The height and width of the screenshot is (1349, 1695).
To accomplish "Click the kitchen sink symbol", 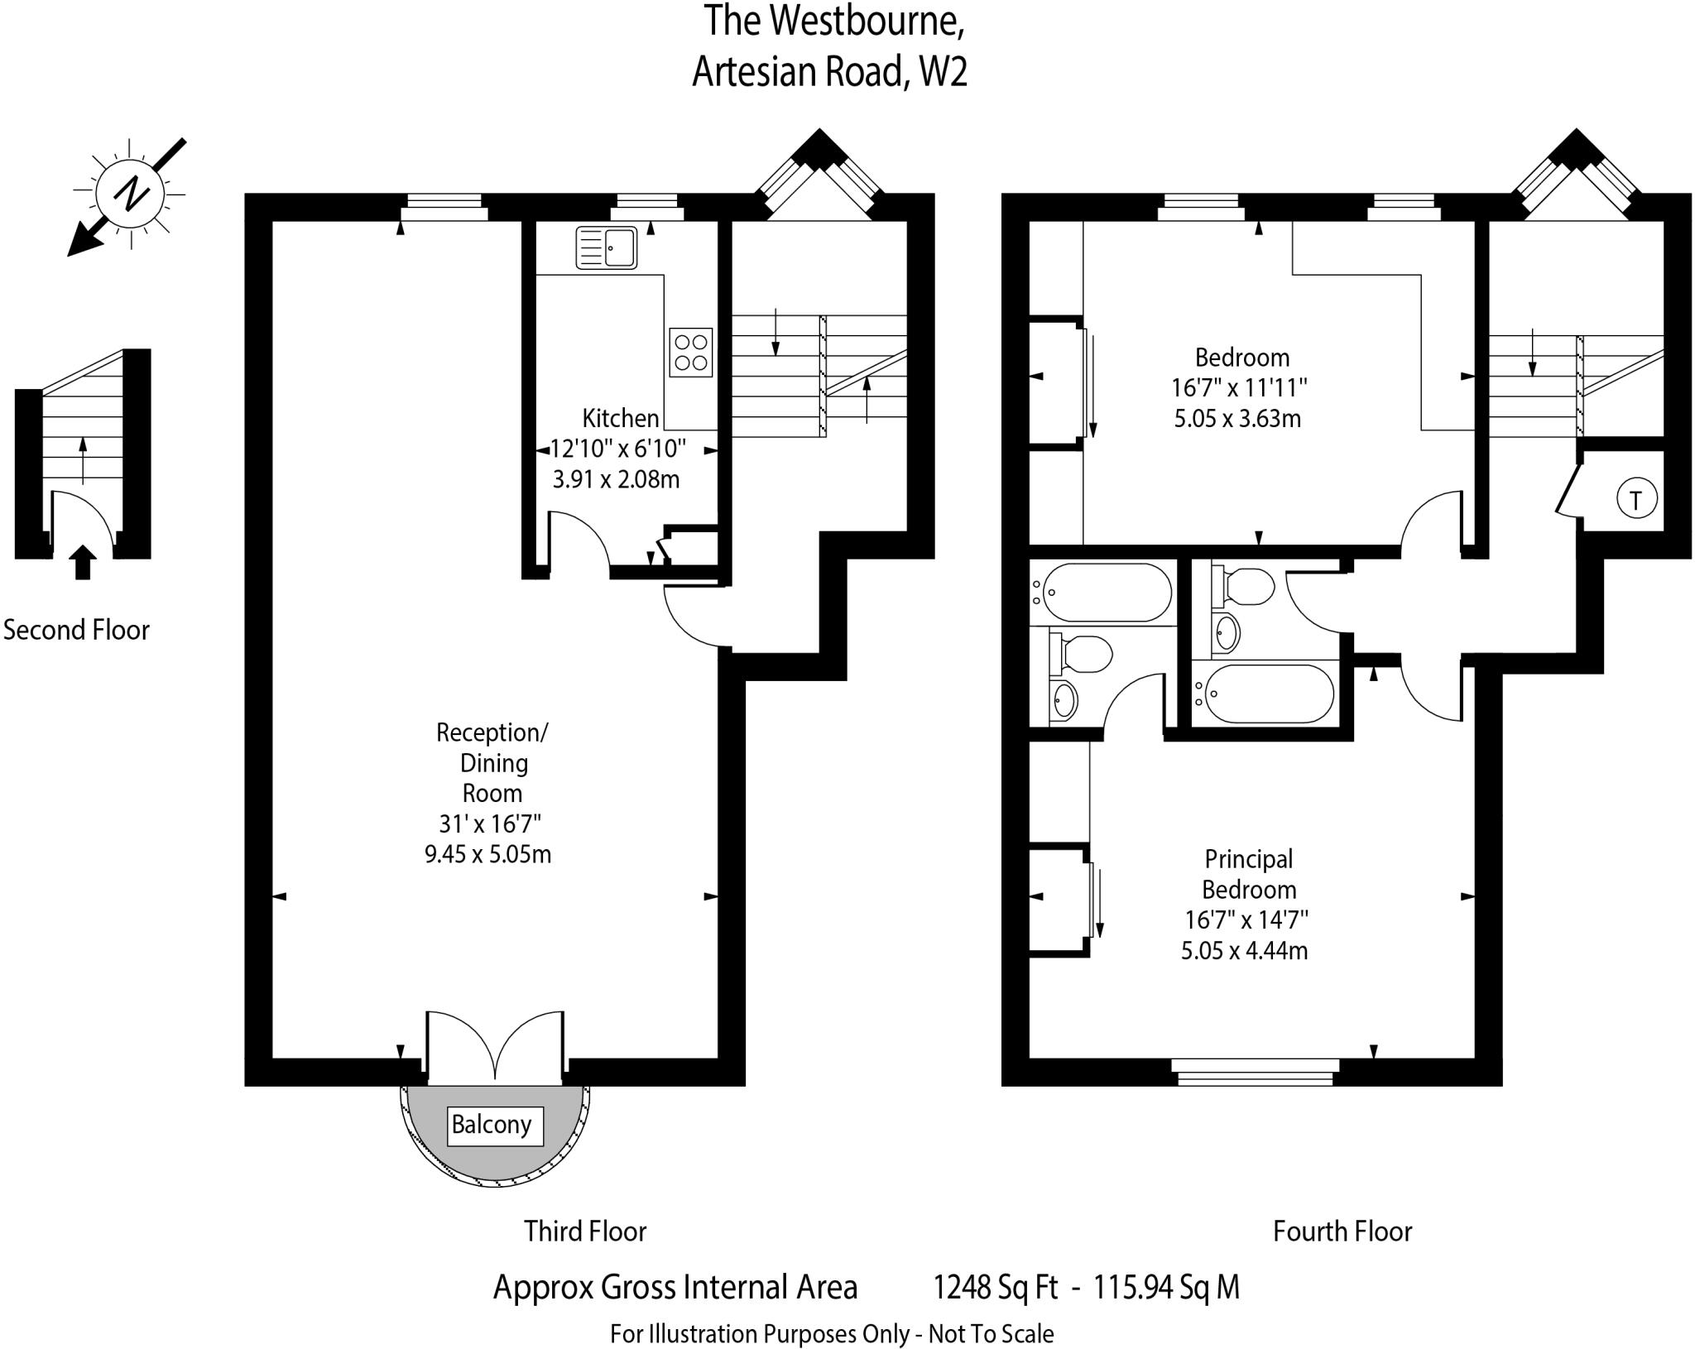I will pos(607,247).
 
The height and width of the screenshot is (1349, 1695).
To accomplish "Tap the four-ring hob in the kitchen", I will pos(690,353).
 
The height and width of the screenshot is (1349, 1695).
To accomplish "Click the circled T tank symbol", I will pos(1635,499).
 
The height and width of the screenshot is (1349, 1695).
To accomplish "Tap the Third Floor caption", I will pos(584,1231).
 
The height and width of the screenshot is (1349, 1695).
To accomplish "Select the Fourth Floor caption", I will pos(1342,1231).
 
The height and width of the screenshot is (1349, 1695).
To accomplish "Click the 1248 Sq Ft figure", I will pos(996,1288).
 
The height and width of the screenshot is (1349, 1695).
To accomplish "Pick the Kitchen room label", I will pos(621,418).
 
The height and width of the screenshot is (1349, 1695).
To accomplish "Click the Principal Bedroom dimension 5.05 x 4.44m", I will pos(1244,950).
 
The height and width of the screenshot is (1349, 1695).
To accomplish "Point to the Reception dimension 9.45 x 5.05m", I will pos(487,853).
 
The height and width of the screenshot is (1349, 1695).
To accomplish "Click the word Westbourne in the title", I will pos(866,22).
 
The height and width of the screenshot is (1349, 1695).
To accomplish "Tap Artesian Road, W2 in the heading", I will pos(829,72).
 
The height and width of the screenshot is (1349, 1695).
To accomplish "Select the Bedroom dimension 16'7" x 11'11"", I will pos(1238,387).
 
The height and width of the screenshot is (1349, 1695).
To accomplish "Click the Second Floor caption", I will pos(76,630).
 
